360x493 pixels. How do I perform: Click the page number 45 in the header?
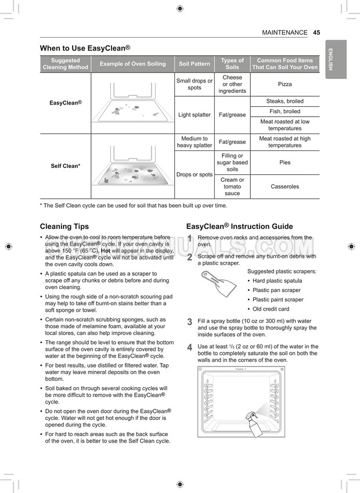point(316,33)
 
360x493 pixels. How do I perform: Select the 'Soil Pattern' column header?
point(195,64)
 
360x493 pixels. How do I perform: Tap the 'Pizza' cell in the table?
point(285,84)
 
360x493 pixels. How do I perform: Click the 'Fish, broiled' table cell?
point(285,111)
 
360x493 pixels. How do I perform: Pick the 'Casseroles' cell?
point(285,187)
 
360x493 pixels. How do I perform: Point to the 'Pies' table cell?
point(285,163)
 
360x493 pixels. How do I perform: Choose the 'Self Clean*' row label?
point(65,166)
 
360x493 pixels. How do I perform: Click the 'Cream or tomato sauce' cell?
point(232,187)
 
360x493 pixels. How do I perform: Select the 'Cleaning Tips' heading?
point(64,226)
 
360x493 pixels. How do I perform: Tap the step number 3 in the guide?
point(189,322)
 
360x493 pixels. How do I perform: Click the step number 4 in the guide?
point(189,348)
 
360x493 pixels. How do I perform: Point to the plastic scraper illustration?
point(219,284)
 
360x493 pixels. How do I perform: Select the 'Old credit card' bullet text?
point(271,309)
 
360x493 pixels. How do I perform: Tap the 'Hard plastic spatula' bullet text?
point(277,281)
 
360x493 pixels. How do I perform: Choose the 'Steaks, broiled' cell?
point(285,101)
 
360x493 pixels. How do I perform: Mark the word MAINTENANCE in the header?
point(285,33)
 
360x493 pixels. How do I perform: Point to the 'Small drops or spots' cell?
point(195,84)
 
